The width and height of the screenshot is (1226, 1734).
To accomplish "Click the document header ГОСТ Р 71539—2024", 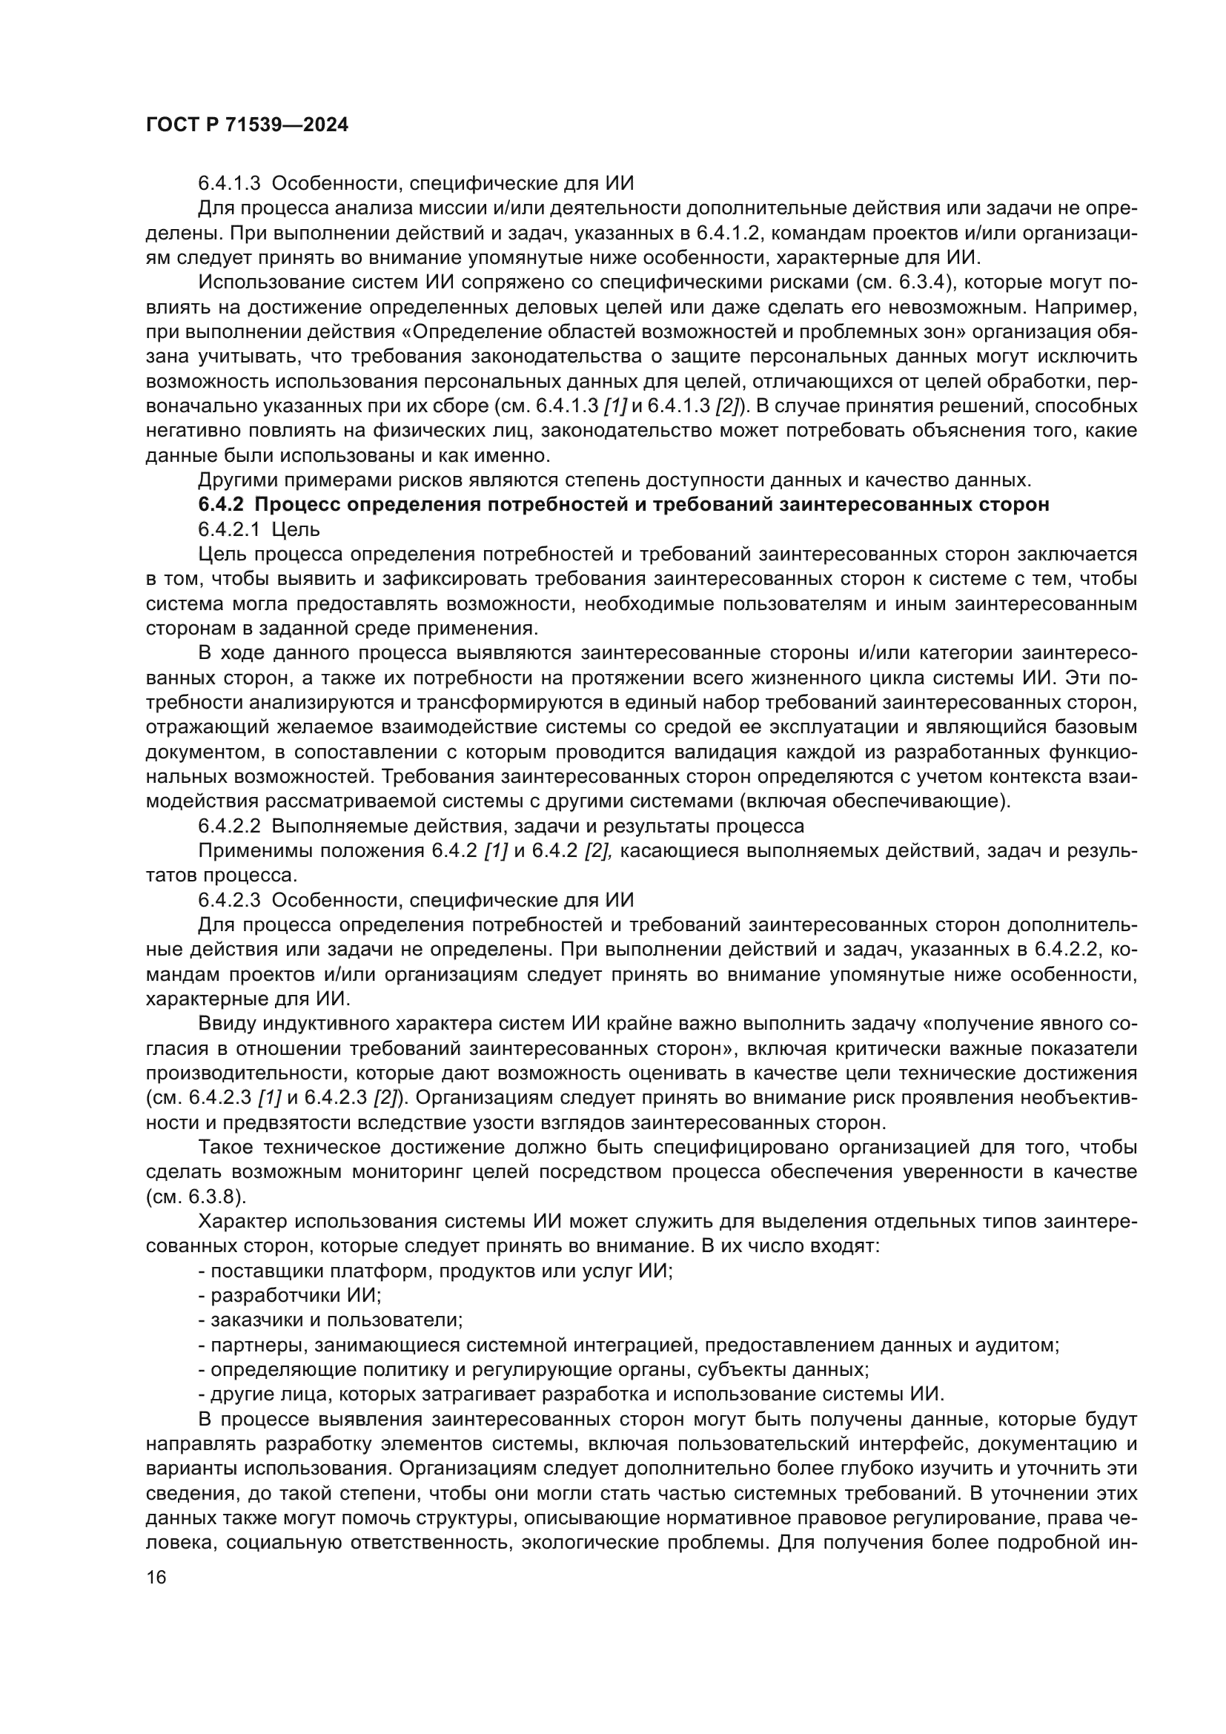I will [x=247, y=125].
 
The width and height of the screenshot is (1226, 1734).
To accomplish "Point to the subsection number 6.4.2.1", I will [x=230, y=529].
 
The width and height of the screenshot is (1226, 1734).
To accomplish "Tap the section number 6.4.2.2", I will [x=230, y=825].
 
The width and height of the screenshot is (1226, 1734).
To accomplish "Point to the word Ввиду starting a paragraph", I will [x=226, y=1023].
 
